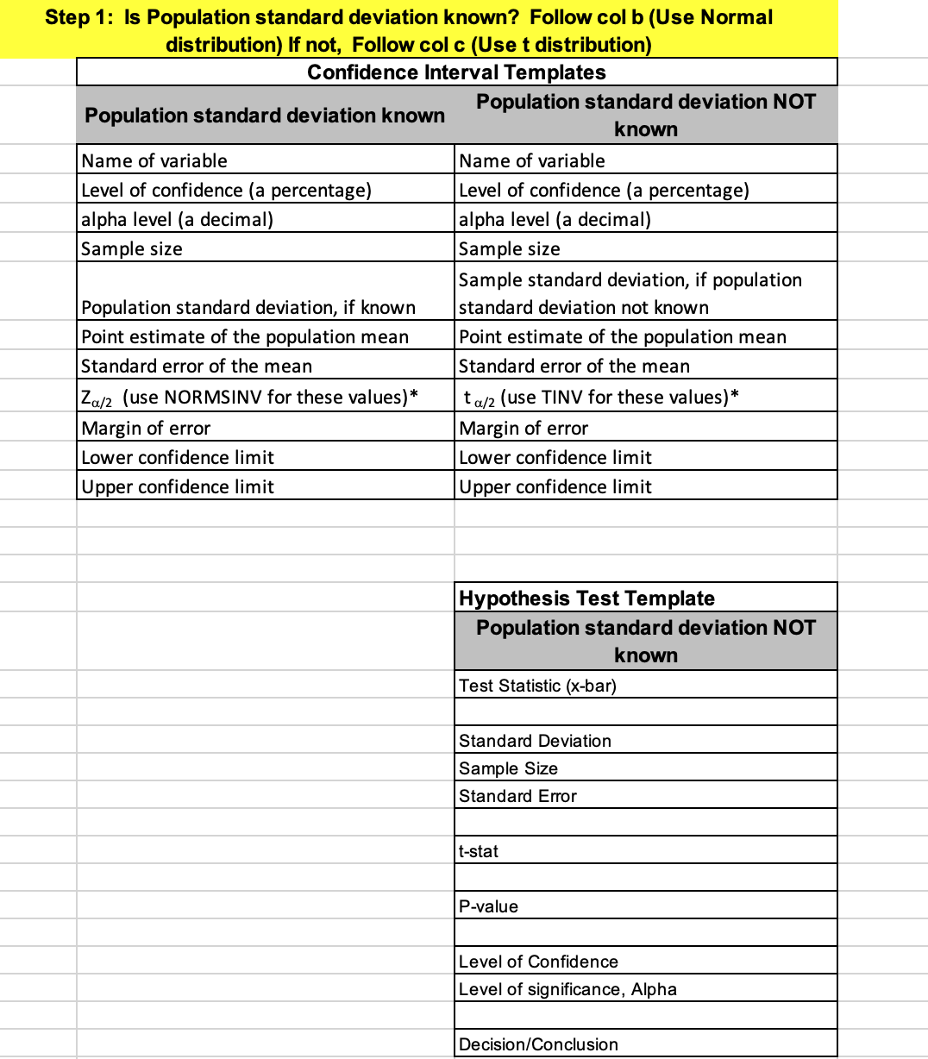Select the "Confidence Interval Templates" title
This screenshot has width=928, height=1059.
456,72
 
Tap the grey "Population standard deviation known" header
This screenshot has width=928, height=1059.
265,116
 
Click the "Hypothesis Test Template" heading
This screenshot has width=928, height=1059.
586,598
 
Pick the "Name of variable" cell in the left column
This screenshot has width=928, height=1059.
154,160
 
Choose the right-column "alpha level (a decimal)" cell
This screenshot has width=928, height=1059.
555,219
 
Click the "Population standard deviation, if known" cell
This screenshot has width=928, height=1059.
248,308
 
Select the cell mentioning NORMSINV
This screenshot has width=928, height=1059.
249,397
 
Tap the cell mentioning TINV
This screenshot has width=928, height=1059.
601,397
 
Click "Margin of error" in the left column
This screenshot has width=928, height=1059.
146,428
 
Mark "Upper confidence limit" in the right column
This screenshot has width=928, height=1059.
555,486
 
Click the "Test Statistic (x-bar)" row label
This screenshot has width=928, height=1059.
537,686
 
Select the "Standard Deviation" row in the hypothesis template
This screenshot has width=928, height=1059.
535,741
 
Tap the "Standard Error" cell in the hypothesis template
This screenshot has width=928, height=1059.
517,796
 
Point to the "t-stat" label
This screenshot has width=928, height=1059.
479,851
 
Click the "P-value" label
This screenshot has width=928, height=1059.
488,906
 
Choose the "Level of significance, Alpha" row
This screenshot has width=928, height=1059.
567,989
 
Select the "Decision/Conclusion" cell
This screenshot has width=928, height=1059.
538,1044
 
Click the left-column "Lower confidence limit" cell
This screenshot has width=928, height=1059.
178,457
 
